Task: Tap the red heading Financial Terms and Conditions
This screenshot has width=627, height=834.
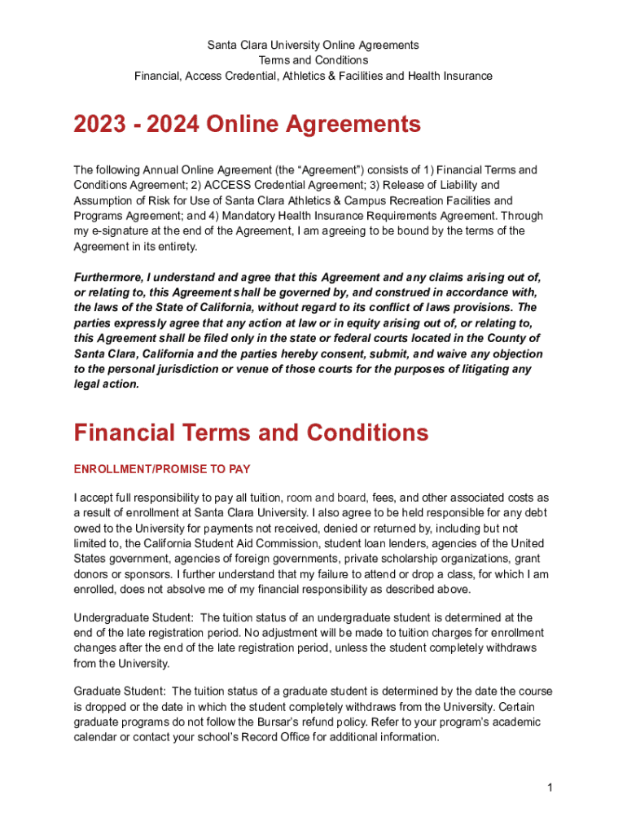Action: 251,432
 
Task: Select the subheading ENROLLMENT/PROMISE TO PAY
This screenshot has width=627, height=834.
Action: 162,470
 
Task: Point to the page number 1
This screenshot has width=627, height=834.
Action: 551,788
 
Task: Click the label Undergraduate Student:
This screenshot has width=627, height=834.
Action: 134,618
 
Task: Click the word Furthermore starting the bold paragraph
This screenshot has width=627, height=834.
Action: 107,278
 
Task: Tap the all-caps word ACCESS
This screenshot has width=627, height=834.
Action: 216,185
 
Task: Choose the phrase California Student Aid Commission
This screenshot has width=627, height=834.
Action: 219,543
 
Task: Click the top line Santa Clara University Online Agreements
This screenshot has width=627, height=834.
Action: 313,45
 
